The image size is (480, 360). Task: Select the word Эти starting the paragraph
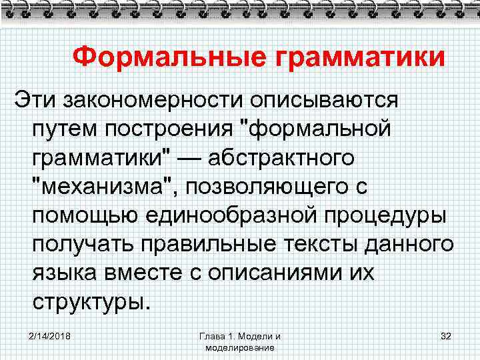(35, 101)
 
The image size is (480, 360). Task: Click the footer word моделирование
(240, 348)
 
